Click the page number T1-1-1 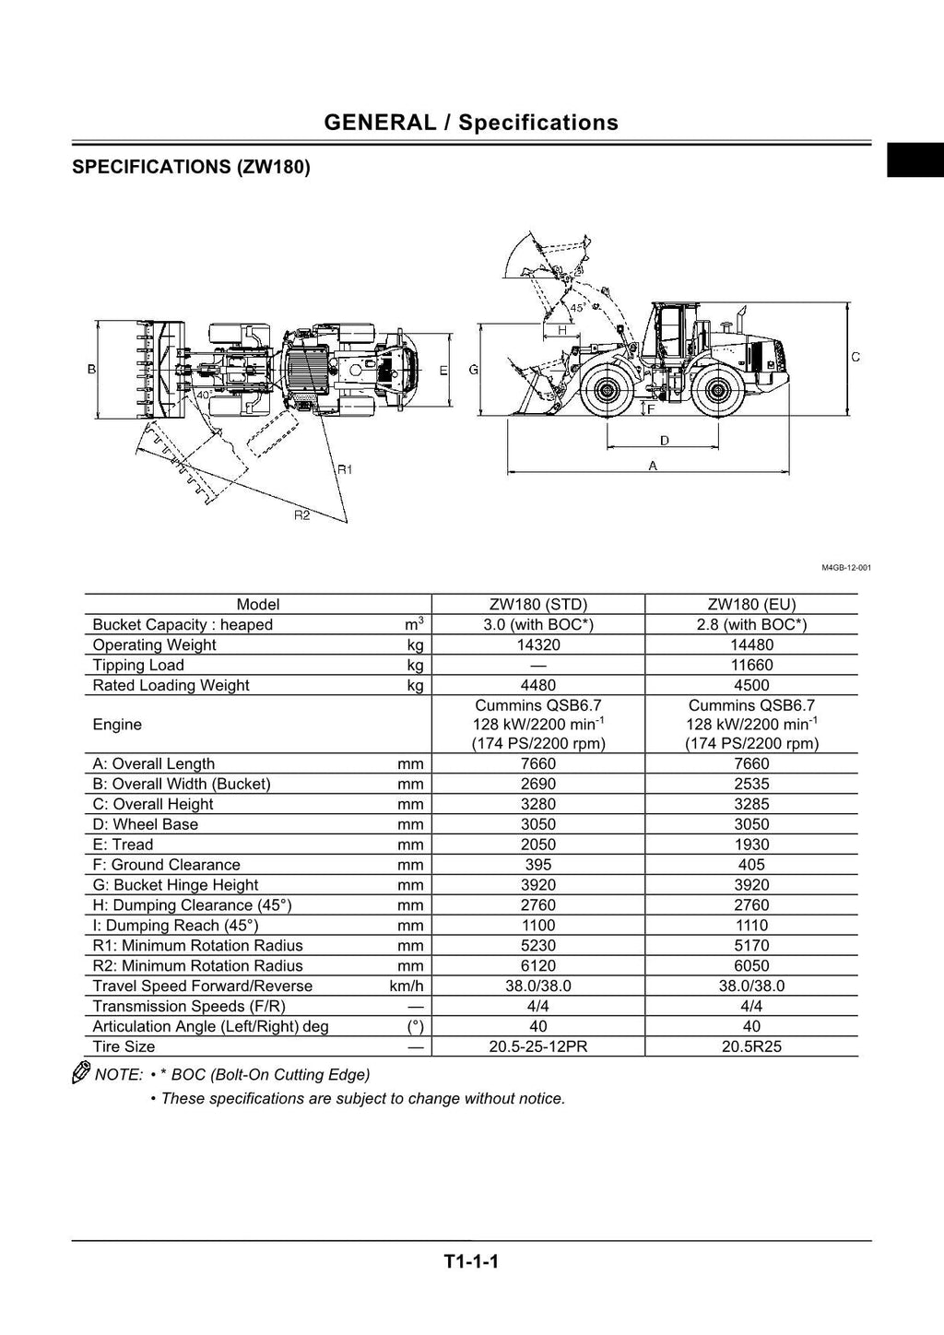click(x=471, y=1261)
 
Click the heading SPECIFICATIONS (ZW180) click(x=191, y=167)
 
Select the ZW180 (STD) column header click(x=538, y=605)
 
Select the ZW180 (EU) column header click(x=751, y=605)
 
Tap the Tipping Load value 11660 click(x=751, y=666)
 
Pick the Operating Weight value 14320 click(x=538, y=645)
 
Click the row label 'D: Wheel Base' click(x=146, y=824)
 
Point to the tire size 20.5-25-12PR click(x=538, y=1047)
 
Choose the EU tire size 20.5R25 click(x=751, y=1047)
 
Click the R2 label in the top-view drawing click(x=301, y=515)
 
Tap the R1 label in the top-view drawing click(x=345, y=469)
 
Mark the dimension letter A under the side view click(x=653, y=466)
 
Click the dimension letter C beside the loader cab click(x=855, y=357)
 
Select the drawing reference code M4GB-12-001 click(x=845, y=568)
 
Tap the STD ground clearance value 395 click(x=538, y=865)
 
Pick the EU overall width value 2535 click(x=751, y=784)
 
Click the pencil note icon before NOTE click(x=81, y=1073)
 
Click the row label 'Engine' click(x=117, y=725)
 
